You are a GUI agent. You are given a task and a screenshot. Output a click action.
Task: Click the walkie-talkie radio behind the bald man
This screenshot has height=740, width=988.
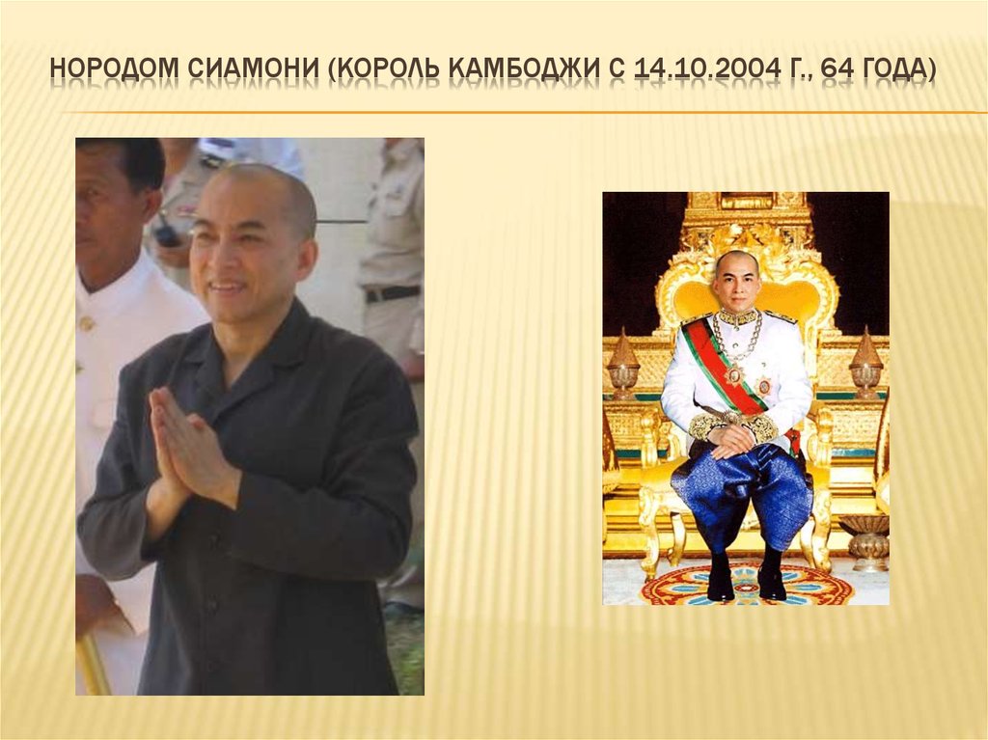[x=167, y=232]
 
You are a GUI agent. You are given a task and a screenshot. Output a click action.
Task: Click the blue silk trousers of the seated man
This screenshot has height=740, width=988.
[x=743, y=492]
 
